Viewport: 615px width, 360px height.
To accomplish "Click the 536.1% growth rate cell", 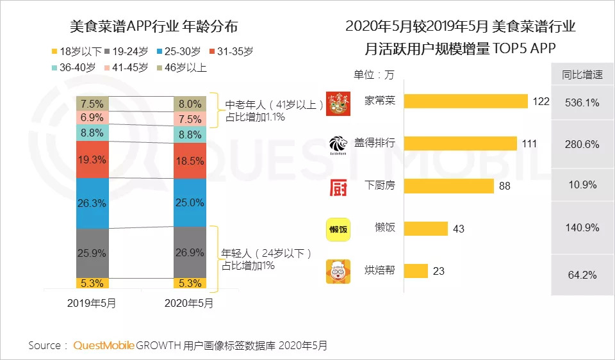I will (x=582, y=102).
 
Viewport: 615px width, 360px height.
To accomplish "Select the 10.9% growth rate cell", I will (x=582, y=184).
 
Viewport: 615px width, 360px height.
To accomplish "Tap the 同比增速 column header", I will (x=582, y=74).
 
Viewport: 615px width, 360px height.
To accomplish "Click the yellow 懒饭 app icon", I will (x=338, y=229).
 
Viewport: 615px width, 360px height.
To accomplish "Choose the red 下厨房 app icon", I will (x=338, y=187).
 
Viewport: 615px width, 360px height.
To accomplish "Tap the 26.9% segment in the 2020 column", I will (x=190, y=252).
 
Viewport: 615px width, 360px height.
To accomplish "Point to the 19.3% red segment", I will (x=92, y=160).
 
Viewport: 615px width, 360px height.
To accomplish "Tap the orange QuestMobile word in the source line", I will (x=104, y=346).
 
